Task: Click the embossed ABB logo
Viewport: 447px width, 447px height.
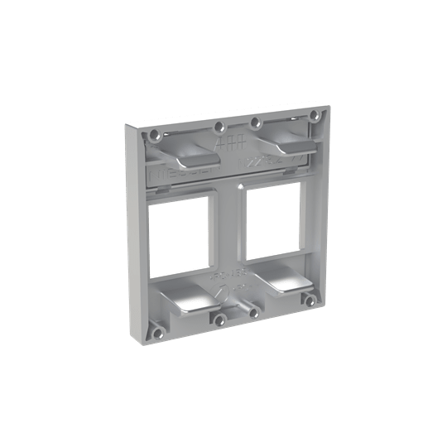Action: coord(224,145)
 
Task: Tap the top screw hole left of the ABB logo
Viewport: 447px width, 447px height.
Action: coord(219,127)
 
